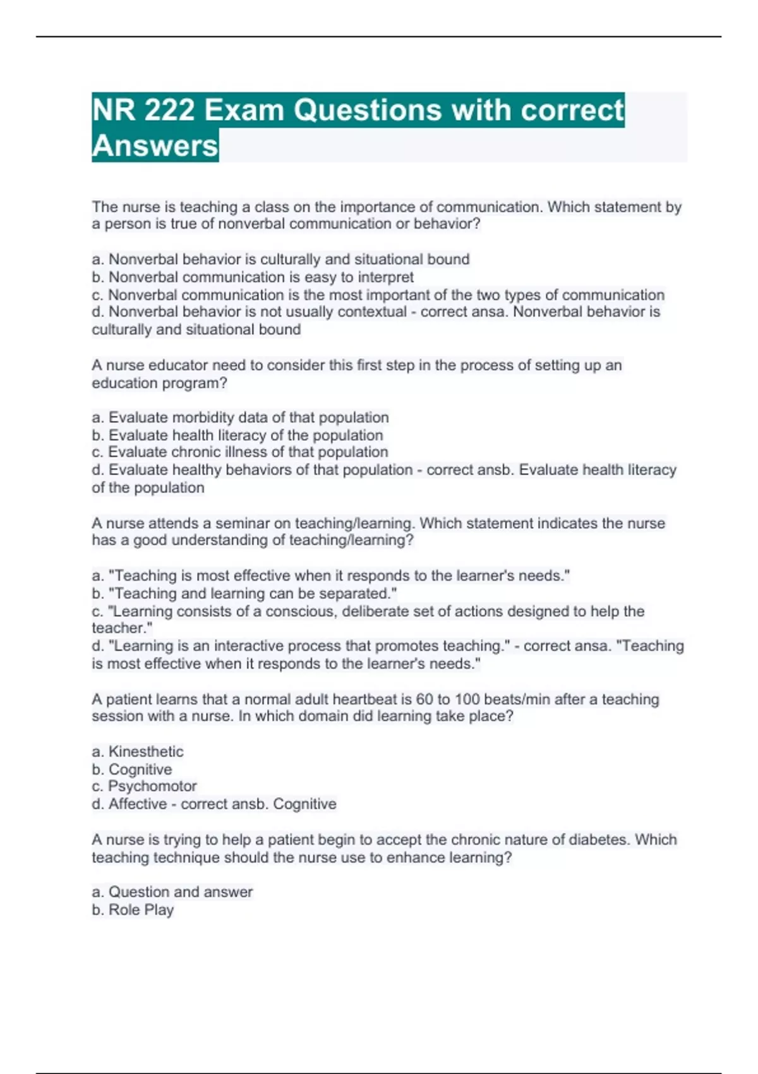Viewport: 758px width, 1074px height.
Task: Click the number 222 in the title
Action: pyautogui.click(x=169, y=110)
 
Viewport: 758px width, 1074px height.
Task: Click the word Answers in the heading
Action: pyautogui.click(x=155, y=146)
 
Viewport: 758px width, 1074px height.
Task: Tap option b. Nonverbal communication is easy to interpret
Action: pyautogui.click(x=253, y=277)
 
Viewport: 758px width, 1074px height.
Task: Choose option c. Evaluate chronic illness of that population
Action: pyautogui.click(x=240, y=452)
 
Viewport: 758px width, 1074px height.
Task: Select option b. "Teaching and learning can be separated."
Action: pyautogui.click(x=244, y=593)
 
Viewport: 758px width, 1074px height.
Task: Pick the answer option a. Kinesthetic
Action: pyautogui.click(x=138, y=752)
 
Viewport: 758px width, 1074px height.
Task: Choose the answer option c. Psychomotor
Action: pyautogui.click(x=144, y=787)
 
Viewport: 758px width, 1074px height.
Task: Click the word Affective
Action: pyautogui.click(x=138, y=804)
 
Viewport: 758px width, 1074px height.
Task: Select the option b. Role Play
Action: pyautogui.click(x=133, y=910)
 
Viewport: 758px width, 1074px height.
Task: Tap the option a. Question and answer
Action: pyautogui.click(x=172, y=892)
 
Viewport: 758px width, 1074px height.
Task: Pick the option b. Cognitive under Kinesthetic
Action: pyautogui.click(x=132, y=769)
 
